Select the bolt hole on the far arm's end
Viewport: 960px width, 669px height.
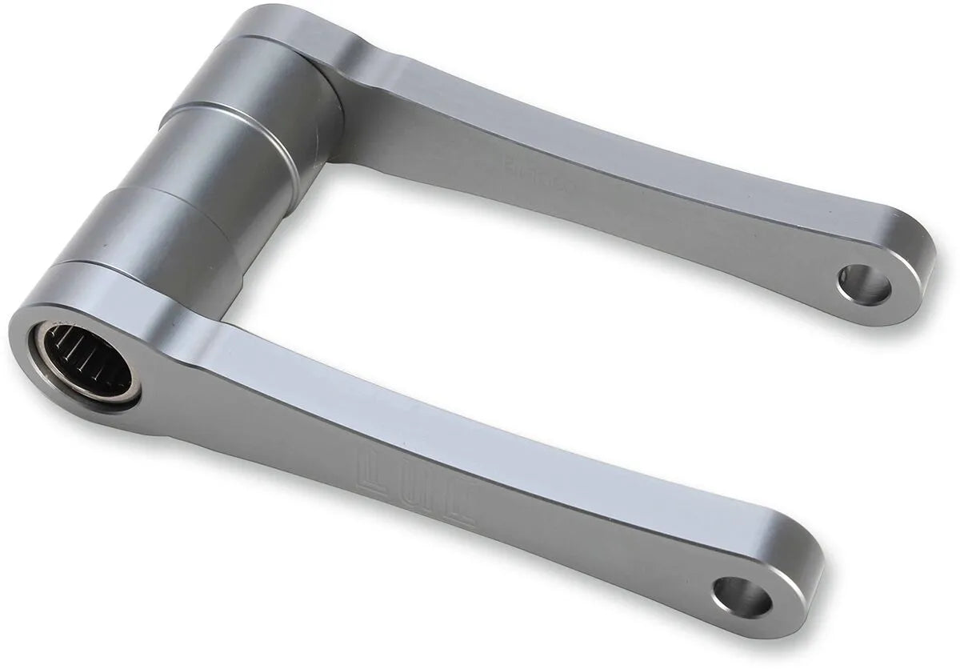pyautogui.click(x=864, y=284)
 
